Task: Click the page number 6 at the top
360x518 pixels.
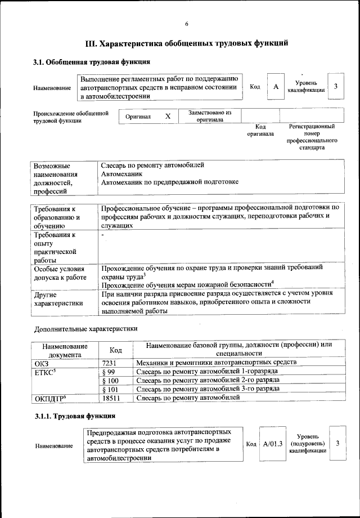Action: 186,23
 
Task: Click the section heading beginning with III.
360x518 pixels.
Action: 187,43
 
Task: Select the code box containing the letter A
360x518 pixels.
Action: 276,87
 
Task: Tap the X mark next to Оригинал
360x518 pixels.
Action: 167,116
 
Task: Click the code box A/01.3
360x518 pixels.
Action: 273,444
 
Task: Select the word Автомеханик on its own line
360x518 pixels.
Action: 121,174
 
